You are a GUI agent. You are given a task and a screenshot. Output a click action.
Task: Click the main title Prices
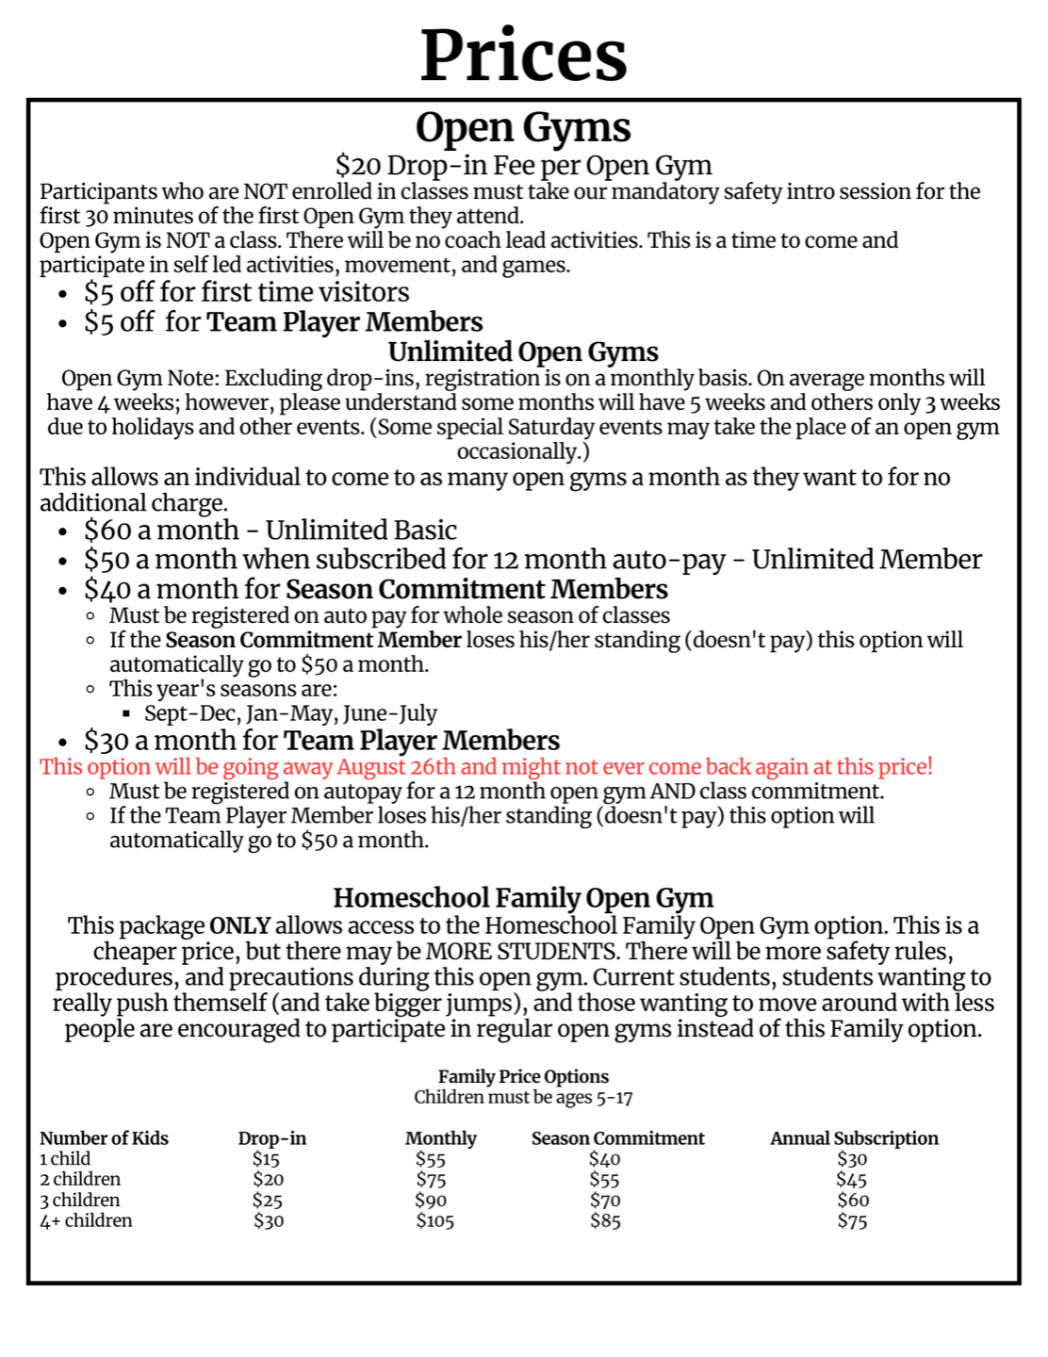click(523, 56)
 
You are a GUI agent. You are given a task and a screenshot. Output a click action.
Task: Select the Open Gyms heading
click(523, 128)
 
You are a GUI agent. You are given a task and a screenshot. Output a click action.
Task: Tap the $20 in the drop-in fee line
click(357, 166)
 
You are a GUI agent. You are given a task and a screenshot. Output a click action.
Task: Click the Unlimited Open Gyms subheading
click(523, 352)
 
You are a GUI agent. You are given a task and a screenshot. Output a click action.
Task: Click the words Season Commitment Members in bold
click(476, 590)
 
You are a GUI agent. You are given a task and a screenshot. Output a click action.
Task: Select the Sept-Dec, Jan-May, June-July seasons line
click(290, 713)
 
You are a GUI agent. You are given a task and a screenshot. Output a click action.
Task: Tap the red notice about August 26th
click(485, 766)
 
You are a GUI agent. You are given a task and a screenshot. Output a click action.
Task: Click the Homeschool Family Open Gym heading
click(523, 897)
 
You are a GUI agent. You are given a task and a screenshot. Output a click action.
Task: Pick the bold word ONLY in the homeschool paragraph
click(239, 925)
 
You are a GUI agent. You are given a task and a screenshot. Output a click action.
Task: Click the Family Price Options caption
click(523, 1076)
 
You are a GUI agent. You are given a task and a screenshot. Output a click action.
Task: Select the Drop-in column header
click(271, 1138)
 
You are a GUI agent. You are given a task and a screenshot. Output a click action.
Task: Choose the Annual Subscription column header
click(854, 1138)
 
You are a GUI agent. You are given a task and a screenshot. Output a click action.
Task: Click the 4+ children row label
click(86, 1220)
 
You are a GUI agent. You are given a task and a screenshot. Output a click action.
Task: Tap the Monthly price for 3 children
click(431, 1201)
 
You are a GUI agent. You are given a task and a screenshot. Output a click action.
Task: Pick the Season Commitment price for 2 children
click(604, 1180)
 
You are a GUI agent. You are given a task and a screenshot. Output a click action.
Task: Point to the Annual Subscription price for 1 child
click(852, 1159)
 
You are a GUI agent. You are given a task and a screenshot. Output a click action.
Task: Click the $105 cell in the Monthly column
click(434, 1221)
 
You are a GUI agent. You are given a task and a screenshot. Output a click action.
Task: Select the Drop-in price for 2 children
click(268, 1180)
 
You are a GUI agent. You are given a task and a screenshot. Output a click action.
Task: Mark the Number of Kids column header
click(104, 1138)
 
